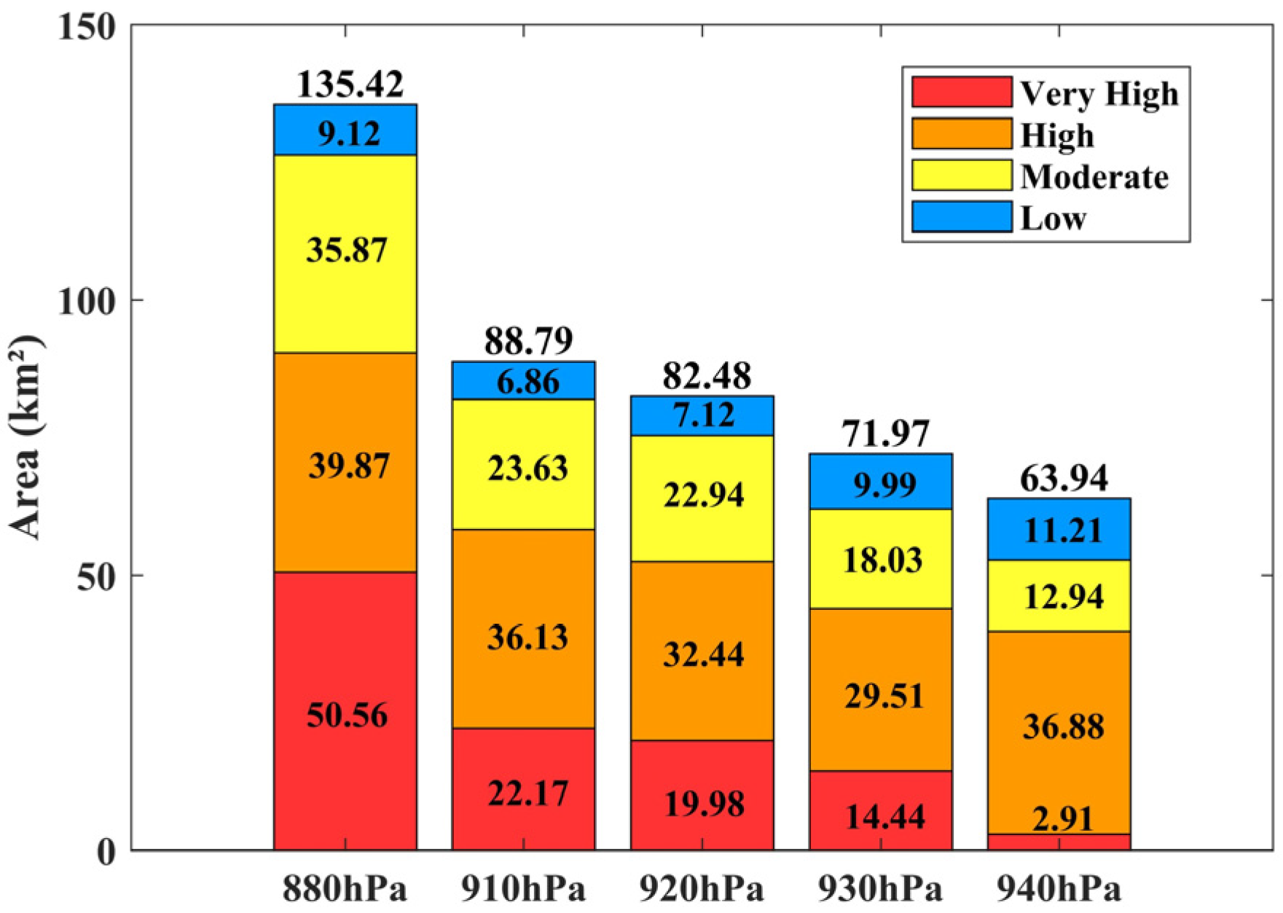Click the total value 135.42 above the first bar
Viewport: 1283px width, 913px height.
[350, 85]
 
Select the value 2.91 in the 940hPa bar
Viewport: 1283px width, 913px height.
[1062, 820]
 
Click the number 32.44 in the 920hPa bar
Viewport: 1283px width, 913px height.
[704, 654]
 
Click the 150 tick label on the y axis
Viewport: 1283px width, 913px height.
[87, 27]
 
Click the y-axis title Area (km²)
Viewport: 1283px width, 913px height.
[25, 437]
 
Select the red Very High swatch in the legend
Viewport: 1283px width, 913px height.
[962, 93]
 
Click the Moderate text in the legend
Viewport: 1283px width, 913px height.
[1094, 177]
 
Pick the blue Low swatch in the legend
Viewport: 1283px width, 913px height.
[962, 217]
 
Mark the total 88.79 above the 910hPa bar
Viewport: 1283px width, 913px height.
[528, 340]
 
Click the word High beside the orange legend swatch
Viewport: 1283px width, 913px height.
[1057, 136]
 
